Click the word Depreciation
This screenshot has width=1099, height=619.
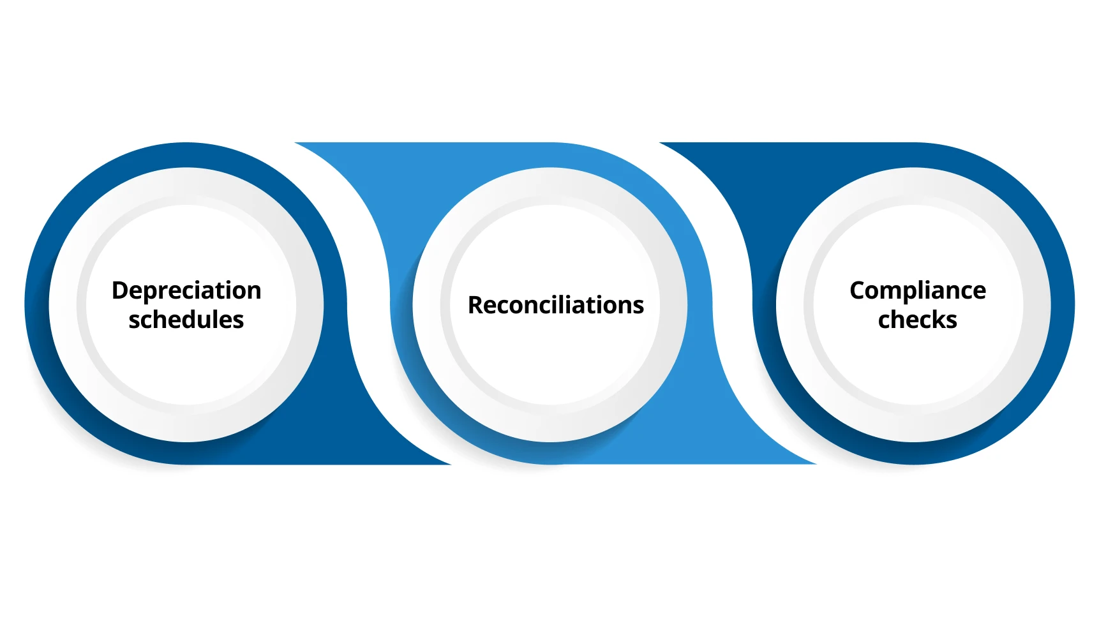pos(186,291)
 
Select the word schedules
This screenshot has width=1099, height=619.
pos(186,320)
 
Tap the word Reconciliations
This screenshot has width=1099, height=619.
pos(556,306)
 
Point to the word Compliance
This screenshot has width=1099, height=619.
pos(918,291)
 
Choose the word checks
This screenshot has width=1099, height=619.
pos(918,320)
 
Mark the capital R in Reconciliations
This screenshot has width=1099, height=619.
pos(475,306)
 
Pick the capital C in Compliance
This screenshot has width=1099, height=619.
pos(858,290)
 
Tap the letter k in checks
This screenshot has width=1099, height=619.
pos(938,319)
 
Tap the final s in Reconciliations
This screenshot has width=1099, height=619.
pos(638,307)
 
